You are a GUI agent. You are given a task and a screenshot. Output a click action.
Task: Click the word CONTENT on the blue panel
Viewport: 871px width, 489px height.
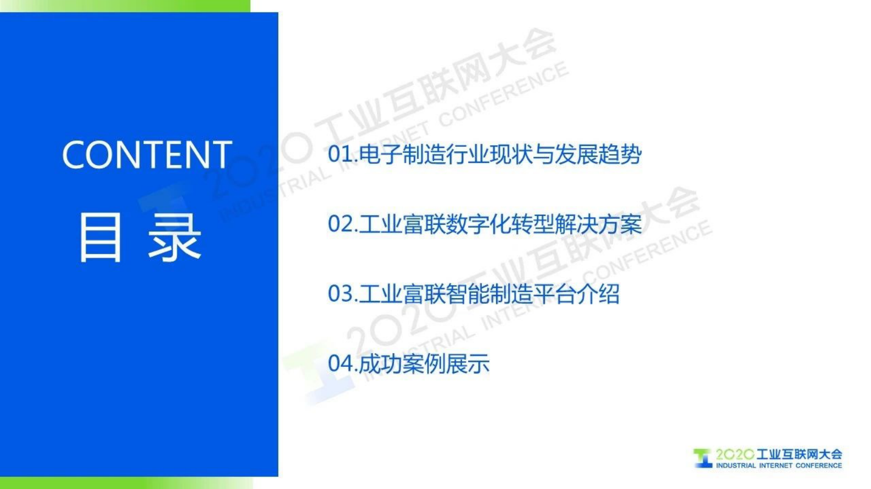(x=147, y=155)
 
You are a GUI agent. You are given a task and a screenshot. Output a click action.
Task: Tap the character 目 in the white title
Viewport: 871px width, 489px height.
(x=100, y=237)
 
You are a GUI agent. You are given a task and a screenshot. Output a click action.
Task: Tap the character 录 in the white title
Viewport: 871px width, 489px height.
(x=175, y=237)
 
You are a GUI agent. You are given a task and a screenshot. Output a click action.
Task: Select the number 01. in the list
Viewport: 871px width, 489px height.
(x=342, y=154)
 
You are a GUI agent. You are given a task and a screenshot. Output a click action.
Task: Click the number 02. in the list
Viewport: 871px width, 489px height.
(x=342, y=224)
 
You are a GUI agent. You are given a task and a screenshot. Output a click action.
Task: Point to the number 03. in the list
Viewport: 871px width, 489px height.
(x=342, y=294)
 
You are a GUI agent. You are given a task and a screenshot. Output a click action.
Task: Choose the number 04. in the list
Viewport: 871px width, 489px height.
(x=342, y=363)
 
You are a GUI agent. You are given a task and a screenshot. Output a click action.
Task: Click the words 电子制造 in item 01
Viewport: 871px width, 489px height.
(x=402, y=154)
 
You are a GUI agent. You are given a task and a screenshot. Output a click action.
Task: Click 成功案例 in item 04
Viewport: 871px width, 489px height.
(x=402, y=363)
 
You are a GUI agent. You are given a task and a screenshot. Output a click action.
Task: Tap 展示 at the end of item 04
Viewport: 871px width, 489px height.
(x=468, y=363)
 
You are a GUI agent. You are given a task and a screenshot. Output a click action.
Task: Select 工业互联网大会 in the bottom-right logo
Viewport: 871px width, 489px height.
(x=799, y=454)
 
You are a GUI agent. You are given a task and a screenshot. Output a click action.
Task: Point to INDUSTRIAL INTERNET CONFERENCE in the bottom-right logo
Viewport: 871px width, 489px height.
(x=778, y=465)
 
